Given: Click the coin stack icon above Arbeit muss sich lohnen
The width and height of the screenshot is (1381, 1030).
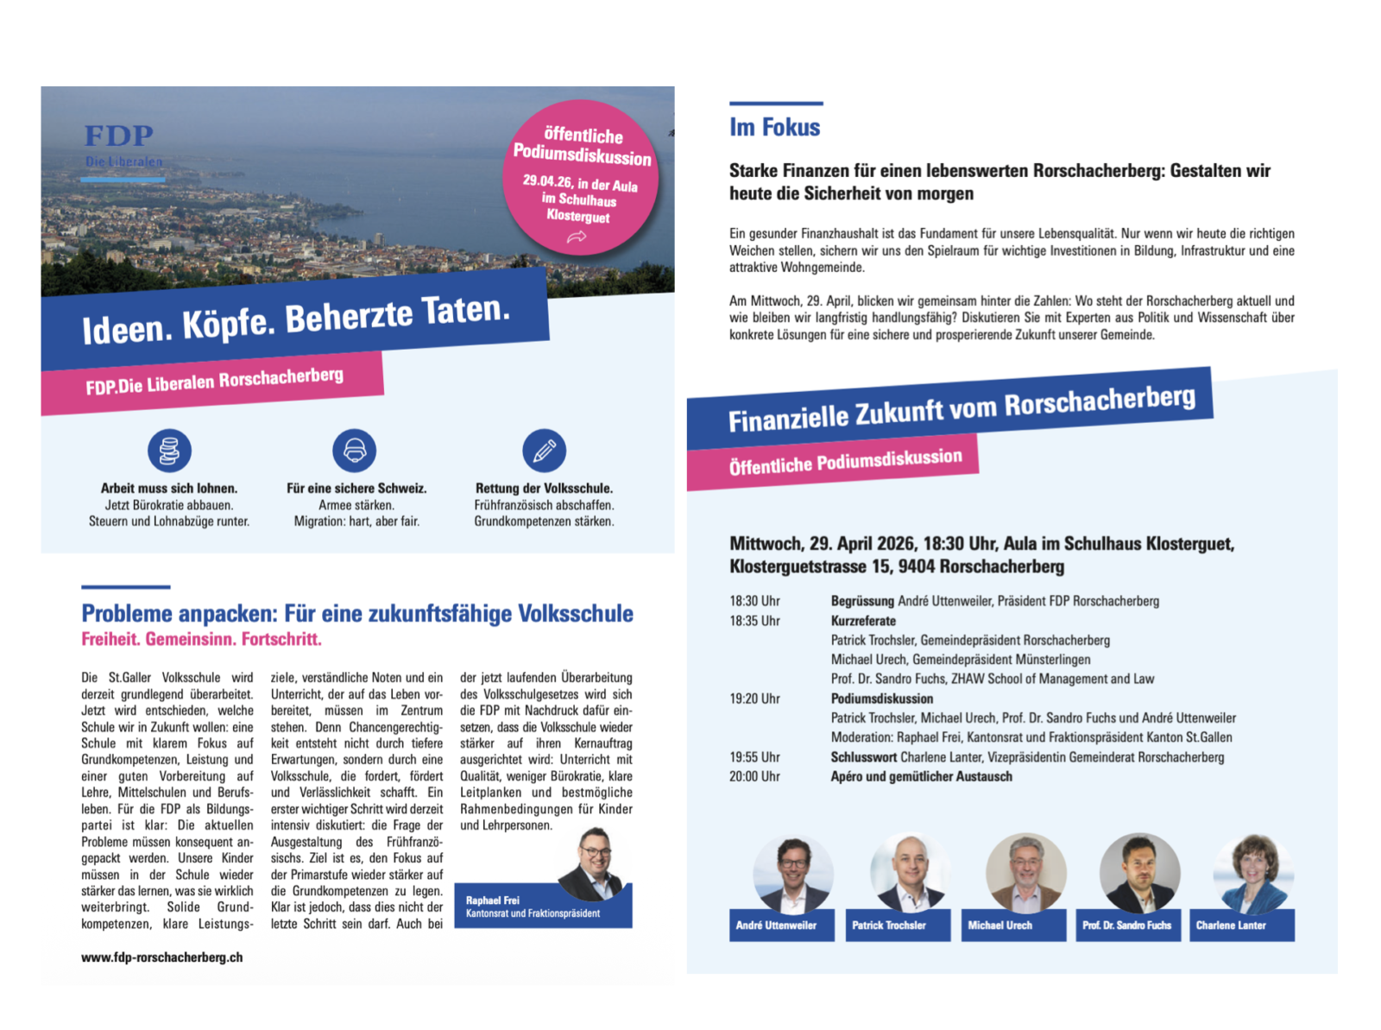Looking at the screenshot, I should tap(169, 451).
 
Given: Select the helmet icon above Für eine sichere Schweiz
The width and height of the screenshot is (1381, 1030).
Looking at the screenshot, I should tap(355, 451).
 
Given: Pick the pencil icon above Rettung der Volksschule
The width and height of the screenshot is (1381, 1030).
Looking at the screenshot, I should tap(544, 451).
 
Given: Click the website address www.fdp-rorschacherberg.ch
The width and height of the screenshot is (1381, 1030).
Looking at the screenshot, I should tap(161, 957).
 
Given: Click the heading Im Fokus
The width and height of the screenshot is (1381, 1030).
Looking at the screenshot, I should tap(774, 128).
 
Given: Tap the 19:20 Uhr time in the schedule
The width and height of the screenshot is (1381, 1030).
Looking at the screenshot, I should tap(754, 698).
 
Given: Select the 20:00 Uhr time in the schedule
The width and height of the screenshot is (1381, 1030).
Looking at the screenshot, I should tap(754, 776).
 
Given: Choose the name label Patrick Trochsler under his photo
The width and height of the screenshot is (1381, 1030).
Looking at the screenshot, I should tap(889, 926).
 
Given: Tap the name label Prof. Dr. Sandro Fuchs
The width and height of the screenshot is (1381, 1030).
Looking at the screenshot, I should tap(1126, 926).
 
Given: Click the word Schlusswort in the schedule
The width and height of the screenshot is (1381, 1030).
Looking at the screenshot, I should tap(864, 757).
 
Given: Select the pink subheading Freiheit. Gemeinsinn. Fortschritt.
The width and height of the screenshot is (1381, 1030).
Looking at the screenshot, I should tap(201, 640).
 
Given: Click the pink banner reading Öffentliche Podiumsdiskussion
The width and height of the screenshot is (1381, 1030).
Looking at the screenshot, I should tap(844, 462).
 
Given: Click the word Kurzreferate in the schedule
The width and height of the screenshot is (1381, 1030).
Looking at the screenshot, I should tap(863, 621).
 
